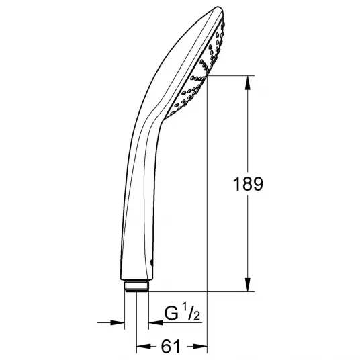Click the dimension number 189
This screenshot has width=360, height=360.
pos(248,184)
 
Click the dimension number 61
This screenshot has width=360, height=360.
pos(171,347)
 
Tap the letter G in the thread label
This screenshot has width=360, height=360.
pos(171,314)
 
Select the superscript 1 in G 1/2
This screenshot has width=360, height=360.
pos(184,307)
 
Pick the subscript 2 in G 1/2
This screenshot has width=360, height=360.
pos(197,316)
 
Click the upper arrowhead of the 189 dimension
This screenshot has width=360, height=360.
pos(247,83)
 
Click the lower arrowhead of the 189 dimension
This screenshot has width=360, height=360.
pos(247,285)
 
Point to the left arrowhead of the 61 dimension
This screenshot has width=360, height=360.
pos(144,346)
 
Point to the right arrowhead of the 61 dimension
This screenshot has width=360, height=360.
pos(200,346)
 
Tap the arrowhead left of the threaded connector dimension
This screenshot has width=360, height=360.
pos(118,322)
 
